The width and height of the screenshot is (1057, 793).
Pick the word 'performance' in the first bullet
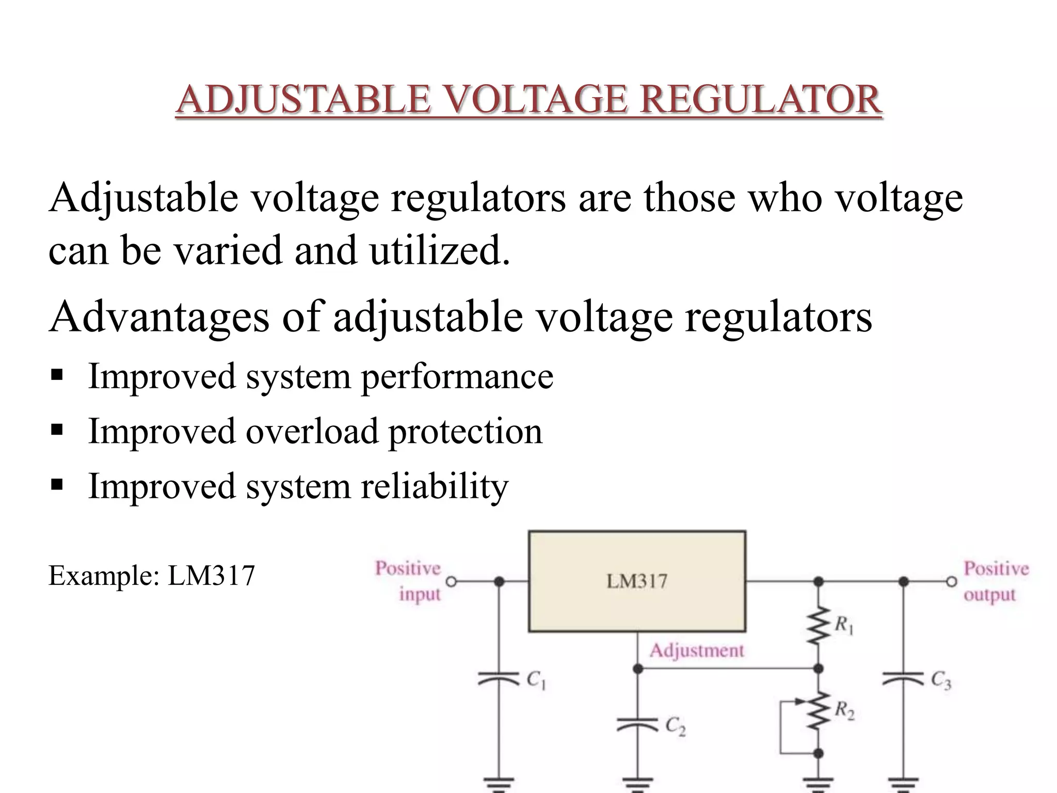click(x=457, y=376)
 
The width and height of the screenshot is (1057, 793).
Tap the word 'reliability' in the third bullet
click(x=435, y=486)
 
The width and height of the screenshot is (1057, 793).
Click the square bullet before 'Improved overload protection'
click(x=57, y=429)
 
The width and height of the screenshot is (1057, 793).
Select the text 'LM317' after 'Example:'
click(x=212, y=576)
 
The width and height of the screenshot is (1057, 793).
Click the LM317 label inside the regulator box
click(x=637, y=581)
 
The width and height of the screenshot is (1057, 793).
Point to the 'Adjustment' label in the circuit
click(x=697, y=651)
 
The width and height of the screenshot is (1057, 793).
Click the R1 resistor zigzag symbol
click(x=818, y=626)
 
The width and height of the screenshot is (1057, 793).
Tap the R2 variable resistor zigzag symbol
click(x=818, y=711)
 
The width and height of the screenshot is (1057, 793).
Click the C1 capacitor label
click(x=536, y=680)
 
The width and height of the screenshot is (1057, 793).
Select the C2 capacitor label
click(x=675, y=727)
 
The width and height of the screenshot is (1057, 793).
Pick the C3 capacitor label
click(x=941, y=680)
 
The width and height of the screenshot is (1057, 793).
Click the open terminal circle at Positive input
click(x=451, y=582)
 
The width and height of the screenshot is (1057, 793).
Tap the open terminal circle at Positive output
click(x=951, y=582)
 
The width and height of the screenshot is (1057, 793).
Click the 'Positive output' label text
click(x=996, y=582)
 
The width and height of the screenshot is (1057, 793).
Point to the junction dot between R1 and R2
click(x=818, y=669)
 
